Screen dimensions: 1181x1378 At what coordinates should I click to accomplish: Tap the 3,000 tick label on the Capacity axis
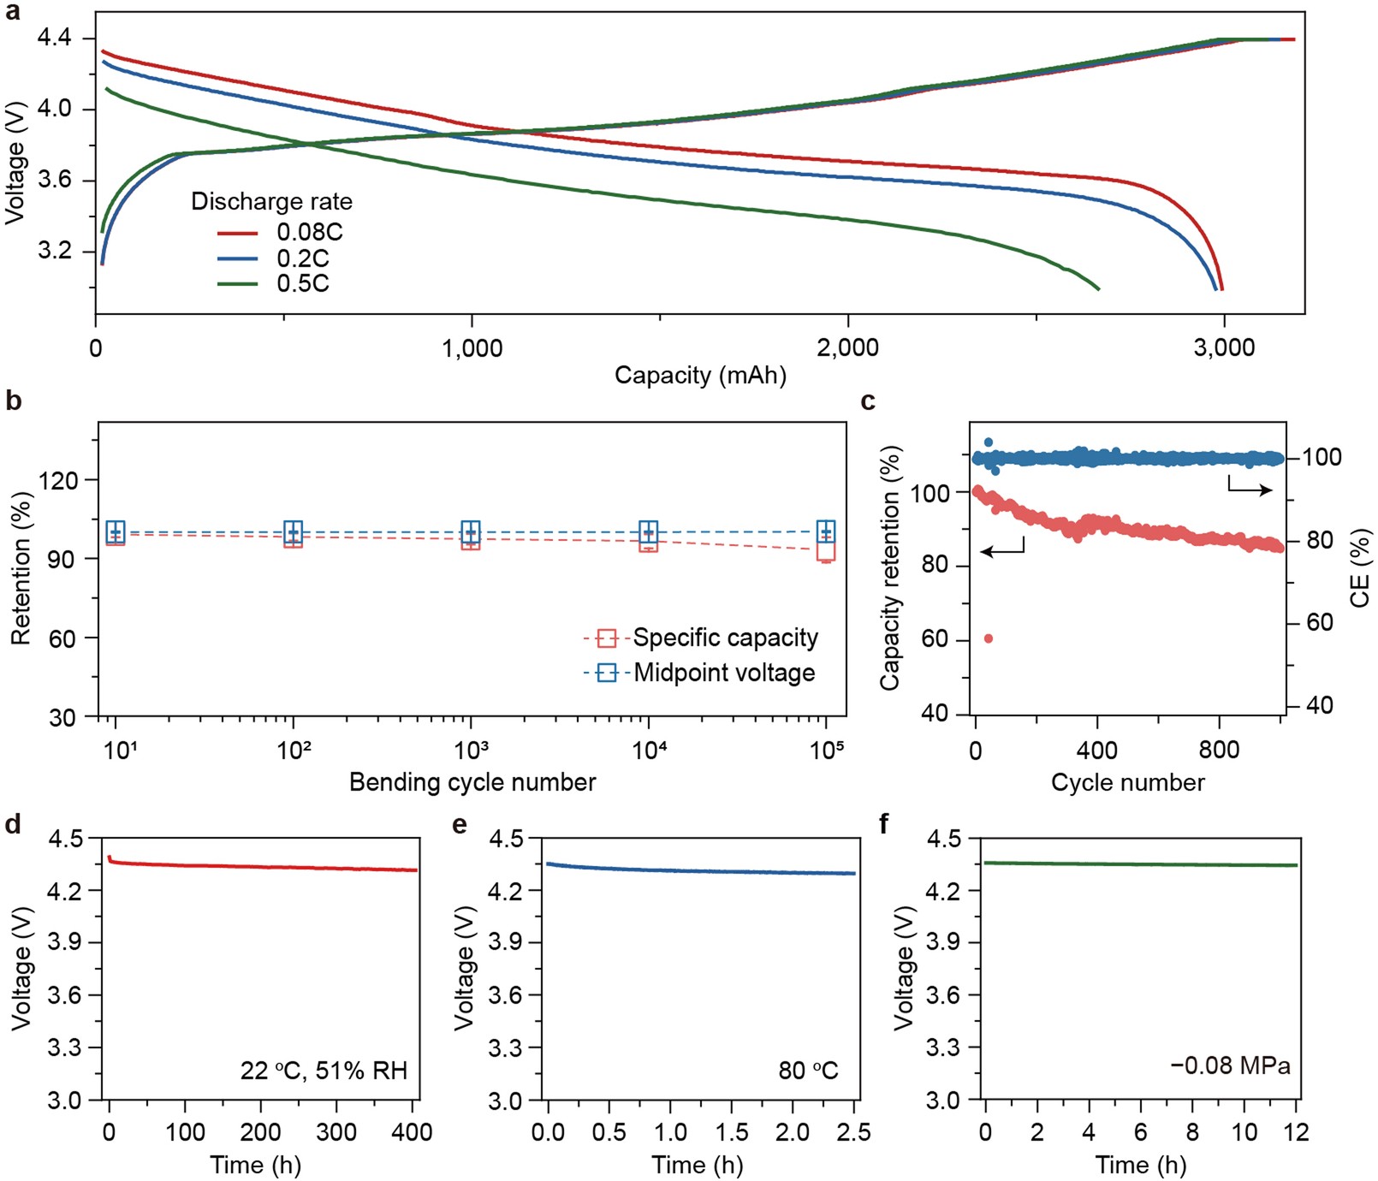(x=1223, y=347)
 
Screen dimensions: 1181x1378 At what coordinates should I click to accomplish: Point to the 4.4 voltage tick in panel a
(x=54, y=39)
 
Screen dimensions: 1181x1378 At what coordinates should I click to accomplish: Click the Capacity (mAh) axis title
(x=699, y=375)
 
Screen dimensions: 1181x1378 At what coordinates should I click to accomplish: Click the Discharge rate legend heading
(x=271, y=202)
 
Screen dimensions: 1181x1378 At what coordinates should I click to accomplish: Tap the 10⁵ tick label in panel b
(x=826, y=751)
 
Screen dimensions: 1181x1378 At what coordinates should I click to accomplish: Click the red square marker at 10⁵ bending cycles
(x=826, y=550)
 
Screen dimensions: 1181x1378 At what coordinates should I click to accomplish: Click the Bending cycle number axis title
(x=472, y=782)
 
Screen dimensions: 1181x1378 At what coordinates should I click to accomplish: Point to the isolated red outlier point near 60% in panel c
(x=989, y=638)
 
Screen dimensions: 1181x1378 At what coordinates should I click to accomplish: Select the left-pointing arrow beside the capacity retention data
(x=1002, y=549)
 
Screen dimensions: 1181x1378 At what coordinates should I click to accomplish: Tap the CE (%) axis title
(x=1360, y=567)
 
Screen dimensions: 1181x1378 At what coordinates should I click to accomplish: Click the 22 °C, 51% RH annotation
(x=324, y=1071)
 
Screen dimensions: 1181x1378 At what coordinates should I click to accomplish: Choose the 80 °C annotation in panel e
(x=807, y=1071)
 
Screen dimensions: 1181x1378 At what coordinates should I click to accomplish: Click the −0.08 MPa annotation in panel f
(x=1230, y=1066)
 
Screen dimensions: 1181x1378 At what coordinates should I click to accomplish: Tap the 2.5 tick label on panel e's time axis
(x=852, y=1133)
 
